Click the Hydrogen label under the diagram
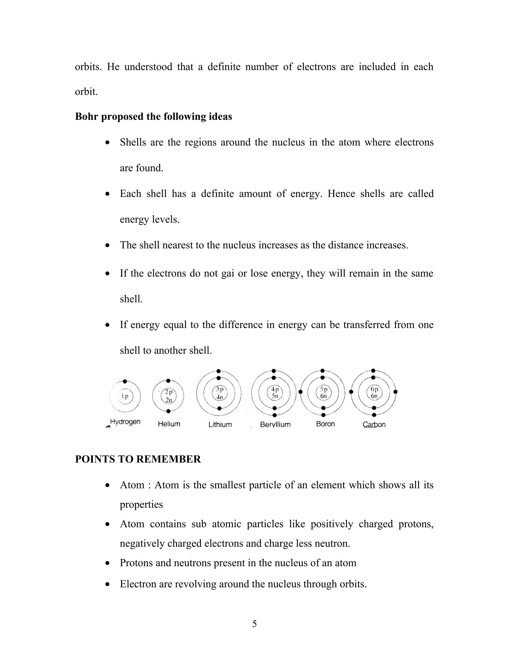click(125, 422)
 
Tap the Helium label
click(169, 424)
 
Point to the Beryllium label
click(275, 424)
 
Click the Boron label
click(325, 424)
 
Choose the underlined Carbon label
click(374, 424)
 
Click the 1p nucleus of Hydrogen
click(125, 396)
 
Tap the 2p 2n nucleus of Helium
click(169, 396)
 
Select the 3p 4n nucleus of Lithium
click(219, 393)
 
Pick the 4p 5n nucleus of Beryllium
click(275, 392)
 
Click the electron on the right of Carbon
click(396, 392)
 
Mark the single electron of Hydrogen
click(125, 381)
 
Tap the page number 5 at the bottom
click(254, 624)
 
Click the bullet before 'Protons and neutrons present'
click(108, 563)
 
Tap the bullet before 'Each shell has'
click(108, 194)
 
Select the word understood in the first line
click(148, 67)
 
